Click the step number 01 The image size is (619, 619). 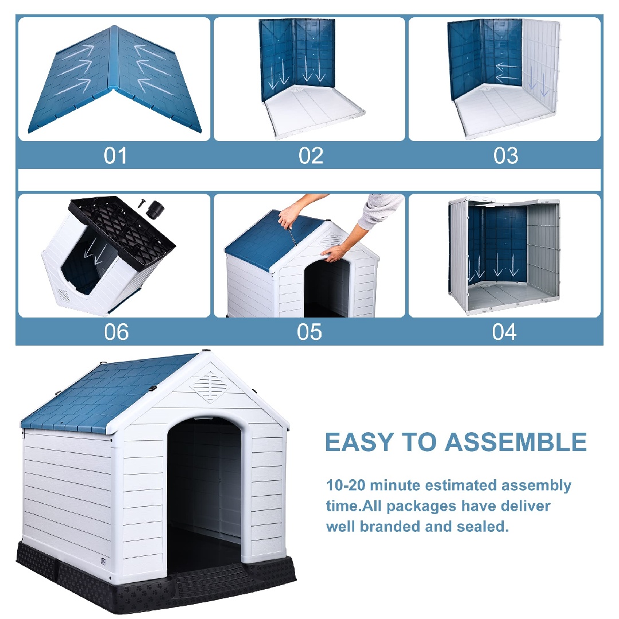pyautogui.click(x=115, y=156)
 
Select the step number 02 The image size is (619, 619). pyautogui.click(x=311, y=156)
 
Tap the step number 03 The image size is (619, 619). pyautogui.click(x=505, y=156)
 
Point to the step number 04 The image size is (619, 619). pyautogui.click(x=504, y=332)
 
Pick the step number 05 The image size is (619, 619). pyautogui.click(x=309, y=332)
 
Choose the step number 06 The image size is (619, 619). pyautogui.click(x=116, y=332)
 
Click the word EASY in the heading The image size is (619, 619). pyautogui.click(x=358, y=442)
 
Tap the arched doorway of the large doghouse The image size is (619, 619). pyautogui.click(x=204, y=487)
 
